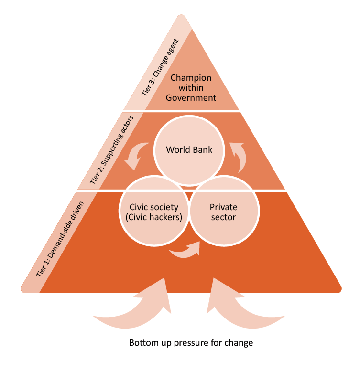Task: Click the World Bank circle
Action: point(189,150)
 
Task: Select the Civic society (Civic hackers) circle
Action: point(154,212)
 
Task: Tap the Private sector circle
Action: point(224,212)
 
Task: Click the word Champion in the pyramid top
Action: point(191,77)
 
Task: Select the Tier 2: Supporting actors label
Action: point(114,148)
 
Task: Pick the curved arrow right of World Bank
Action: point(240,155)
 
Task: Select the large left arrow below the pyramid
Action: point(136,308)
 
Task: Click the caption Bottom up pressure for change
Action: point(191,343)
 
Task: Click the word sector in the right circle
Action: point(223,218)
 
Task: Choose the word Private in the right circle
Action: point(223,207)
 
